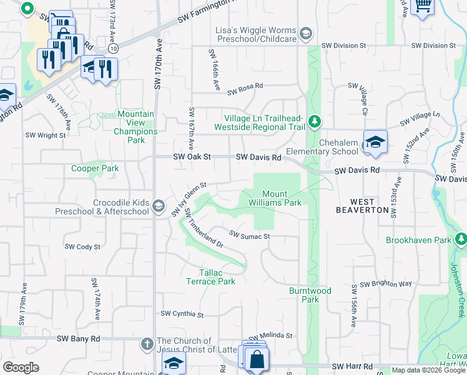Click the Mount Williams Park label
pyautogui.click(x=282, y=198)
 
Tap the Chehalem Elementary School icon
pyautogui.click(x=375, y=142)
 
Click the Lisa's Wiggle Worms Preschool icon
pyautogui.click(x=306, y=33)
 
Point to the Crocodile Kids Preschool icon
pyautogui.click(x=159, y=206)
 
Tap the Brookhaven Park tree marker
pyautogui.click(x=461, y=239)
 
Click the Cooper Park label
pyautogui.click(x=95, y=168)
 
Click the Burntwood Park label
pyautogui.click(x=310, y=295)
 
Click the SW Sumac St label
pyautogui.click(x=249, y=236)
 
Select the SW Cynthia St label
pyautogui.click(x=182, y=314)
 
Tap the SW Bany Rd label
pyautogui.click(x=78, y=338)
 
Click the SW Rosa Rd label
pyautogui.click(x=245, y=89)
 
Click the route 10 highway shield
pyautogui.click(x=112, y=47)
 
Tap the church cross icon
pyautogui.click(x=147, y=343)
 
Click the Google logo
pyautogui.click(x=21, y=367)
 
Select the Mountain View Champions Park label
pyautogui.click(x=135, y=123)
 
